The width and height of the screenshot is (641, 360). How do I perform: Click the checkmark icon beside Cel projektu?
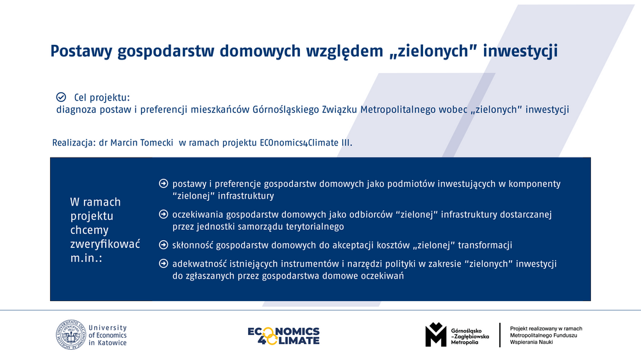[61, 97]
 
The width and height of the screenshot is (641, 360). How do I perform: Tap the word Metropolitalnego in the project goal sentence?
[398, 110]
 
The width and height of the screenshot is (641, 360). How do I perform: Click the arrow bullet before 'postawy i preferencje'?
[163, 183]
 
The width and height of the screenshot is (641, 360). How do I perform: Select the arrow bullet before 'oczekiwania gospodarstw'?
[163, 214]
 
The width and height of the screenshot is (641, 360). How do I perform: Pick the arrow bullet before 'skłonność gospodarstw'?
[163, 245]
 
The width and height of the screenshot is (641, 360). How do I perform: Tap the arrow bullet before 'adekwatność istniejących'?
[163, 263]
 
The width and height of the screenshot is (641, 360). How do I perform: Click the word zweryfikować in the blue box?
[105, 244]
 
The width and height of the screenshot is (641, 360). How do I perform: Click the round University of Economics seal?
[71, 334]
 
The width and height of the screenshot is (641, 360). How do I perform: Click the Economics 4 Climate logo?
[284, 336]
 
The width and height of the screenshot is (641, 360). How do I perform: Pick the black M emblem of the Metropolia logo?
[436, 334]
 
